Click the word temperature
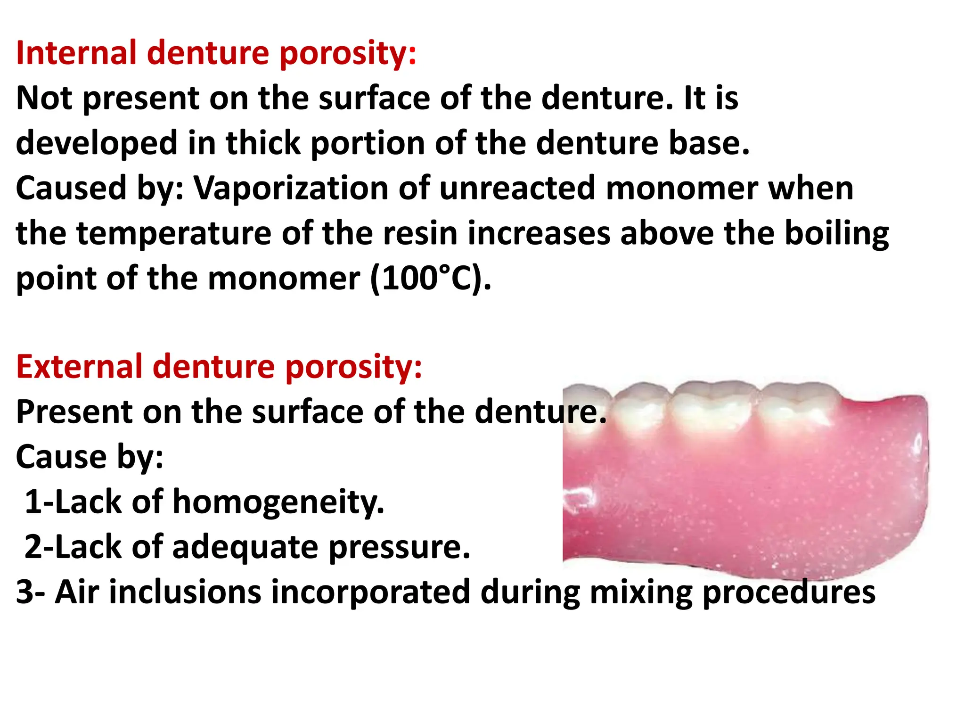pyautogui.click(x=174, y=233)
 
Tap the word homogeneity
pyautogui.click(x=278, y=502)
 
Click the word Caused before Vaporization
pyautogui.click(x=71, y=188)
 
